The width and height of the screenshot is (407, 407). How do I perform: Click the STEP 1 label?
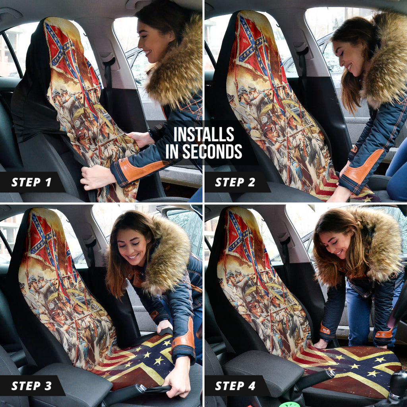coord(31,182)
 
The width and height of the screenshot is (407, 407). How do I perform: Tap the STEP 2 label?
coord(236,182)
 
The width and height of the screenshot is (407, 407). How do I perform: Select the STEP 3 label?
coord(31,386)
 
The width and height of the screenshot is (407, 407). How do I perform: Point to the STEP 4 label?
coord(236,386)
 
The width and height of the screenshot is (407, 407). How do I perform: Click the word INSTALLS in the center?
coord(203,135)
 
